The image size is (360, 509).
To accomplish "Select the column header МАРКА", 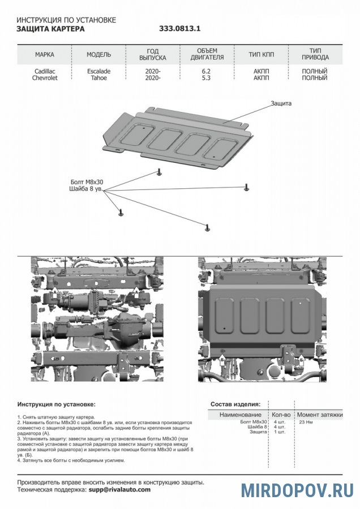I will (x=45, y=55).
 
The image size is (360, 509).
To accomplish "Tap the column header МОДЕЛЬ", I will (x=98, y=55).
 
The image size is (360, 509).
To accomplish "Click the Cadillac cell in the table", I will (x=45, y=71).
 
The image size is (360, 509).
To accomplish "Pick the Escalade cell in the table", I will (x=98, y=71).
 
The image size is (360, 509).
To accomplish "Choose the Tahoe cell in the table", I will (x=98, y=78).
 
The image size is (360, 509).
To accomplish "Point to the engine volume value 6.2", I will (x=207, y=71).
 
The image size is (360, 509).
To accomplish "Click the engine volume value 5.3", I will (x=207, y=78).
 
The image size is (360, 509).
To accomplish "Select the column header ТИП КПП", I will (x=262, y=55).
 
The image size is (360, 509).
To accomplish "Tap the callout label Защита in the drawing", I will (x=281, y=103).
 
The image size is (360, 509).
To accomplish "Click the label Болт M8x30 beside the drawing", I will (x=87, y=182).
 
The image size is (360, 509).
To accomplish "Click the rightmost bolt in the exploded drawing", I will (x=247, y=187).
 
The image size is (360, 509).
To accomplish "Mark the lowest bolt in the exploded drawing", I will (x=208, y=227).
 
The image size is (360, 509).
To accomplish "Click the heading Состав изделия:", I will (x=235, y=404).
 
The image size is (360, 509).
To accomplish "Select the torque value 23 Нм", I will (x=306, y=422).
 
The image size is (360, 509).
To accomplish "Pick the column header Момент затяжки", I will (x=320, y=415).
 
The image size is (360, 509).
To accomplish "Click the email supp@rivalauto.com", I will (x=119, y=490).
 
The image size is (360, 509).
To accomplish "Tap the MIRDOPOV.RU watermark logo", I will (x=298, y=490).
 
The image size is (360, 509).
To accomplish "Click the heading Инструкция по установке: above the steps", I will (x=57, y=404).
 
